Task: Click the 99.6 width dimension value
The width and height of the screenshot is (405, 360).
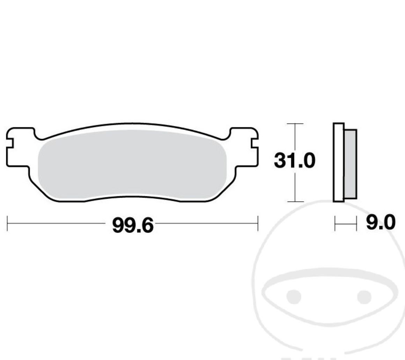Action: (133, 226)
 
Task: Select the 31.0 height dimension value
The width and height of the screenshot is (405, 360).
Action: (294, 161)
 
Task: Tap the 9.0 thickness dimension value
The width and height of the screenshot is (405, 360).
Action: (381, 222)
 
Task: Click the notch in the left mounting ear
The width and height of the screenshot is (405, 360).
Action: (10, 144)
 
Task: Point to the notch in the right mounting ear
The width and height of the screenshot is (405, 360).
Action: (255, 144)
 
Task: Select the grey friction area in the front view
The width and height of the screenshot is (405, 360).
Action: (132, 164)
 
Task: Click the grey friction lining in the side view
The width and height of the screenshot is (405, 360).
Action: (351, 164)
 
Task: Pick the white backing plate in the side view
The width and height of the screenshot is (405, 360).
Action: (339, 162)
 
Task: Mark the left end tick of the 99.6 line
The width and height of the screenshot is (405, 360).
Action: (7, 223)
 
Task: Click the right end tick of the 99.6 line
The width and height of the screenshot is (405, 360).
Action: (258, 223)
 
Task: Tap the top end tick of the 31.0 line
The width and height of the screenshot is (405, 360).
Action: (295, 124)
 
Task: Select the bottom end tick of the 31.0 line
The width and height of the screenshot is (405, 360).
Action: (295, 201)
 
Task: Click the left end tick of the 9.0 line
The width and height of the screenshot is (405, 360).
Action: (335, 223)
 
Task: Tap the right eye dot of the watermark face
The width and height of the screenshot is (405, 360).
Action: (364, 296)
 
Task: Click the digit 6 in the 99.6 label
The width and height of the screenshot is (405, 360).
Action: (147, 226)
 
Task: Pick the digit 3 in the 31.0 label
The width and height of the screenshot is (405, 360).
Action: (280, 161)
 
